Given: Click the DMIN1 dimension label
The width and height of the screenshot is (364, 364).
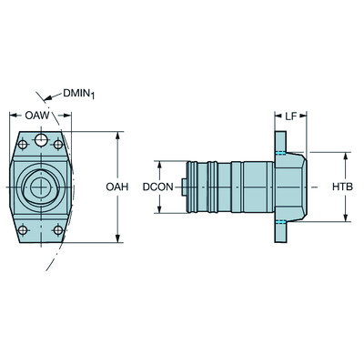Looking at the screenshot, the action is [78, 95].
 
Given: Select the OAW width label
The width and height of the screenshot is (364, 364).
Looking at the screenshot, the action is [36, 116].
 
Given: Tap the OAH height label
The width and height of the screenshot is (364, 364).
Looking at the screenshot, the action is [117, 187].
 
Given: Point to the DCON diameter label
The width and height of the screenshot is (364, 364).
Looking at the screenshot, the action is [157, 187].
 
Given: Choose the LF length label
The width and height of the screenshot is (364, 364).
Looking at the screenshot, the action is [290, 116].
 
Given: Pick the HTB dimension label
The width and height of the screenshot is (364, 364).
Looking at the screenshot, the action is [342, 187].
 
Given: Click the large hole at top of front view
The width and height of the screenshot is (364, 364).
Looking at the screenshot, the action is [41, 140].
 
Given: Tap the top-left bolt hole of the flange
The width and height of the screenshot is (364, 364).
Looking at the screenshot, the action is [23, 145].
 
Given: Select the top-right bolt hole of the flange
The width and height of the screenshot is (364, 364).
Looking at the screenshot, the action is [58, 145].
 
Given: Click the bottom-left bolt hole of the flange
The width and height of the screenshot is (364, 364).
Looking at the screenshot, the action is [23, 230].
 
